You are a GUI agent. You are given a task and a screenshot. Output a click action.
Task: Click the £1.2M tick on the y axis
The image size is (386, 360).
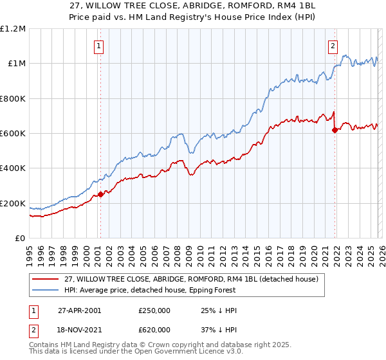(x=13, y=29)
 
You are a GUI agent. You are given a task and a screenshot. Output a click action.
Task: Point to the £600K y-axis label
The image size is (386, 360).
(x=13, y=134)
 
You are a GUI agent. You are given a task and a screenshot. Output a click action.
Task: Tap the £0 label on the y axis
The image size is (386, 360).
(x=19, y=239)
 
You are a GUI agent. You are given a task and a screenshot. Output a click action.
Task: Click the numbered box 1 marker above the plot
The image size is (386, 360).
(x=99, y=46)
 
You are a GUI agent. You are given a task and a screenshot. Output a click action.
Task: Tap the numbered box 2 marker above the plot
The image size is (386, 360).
(x=333, y=46)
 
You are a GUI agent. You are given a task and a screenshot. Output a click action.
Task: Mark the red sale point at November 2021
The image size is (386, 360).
(x=335, y=130)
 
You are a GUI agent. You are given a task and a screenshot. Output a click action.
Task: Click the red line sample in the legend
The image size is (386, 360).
(x=46, y=278)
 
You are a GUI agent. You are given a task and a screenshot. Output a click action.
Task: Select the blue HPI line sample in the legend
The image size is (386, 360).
(x=46, y=290)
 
